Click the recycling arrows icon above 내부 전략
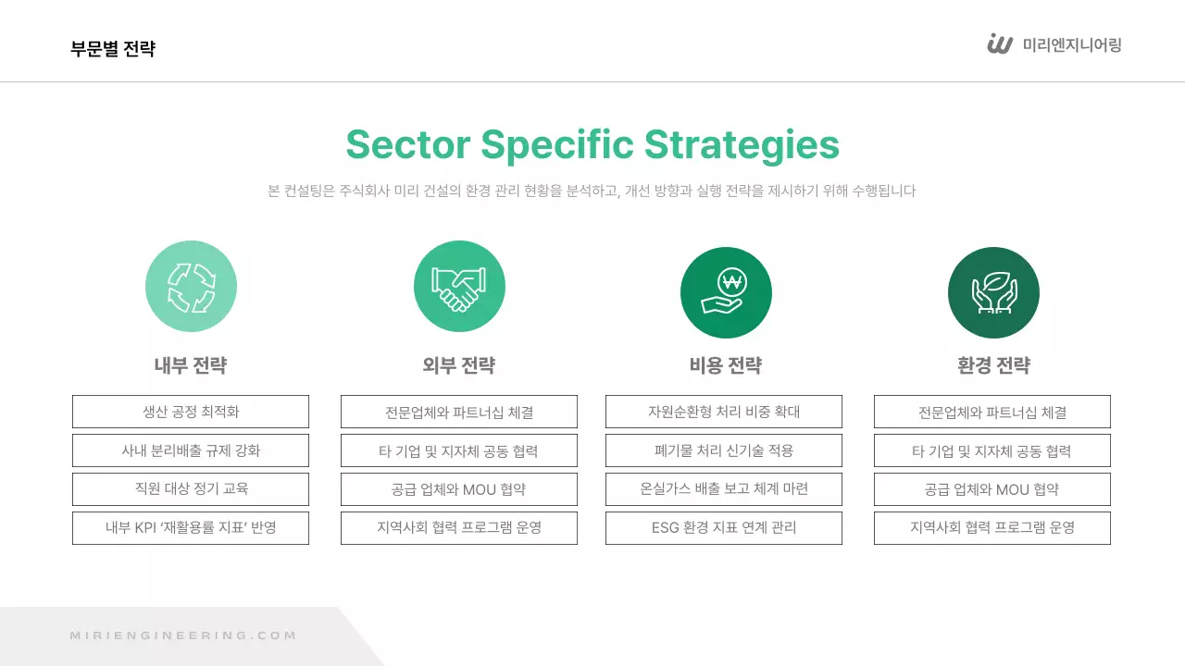click(x=191, y=286)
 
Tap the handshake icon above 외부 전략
click(x=459, y=286)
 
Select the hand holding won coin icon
click(x=726, y=292)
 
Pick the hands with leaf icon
click(x=993, y=292)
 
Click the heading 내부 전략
click(x=191, y=365)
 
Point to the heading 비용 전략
click(x=726, y=365)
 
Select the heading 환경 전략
click(x=993, y=365)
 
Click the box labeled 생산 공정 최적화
click(x=191, y=412)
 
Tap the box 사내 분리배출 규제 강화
click(x=191, y=450)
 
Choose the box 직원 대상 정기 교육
click(x=191, y=489)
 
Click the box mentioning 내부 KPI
click(x=191, y=528)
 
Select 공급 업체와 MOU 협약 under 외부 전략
click(x=459, y=489)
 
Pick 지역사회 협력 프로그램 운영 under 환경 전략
click(x=992, y=528)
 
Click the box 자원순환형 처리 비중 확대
click(x=724, y=412)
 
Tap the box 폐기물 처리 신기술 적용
click(x=724, y=450)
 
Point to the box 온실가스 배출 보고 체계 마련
click(x=724, y=489)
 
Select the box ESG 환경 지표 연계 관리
click(x=724, y=528)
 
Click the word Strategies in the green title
click(x=742, y=145)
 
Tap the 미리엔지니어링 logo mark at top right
click(x=1000, y=44)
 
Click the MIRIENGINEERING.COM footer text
click(x=183, y=635)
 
